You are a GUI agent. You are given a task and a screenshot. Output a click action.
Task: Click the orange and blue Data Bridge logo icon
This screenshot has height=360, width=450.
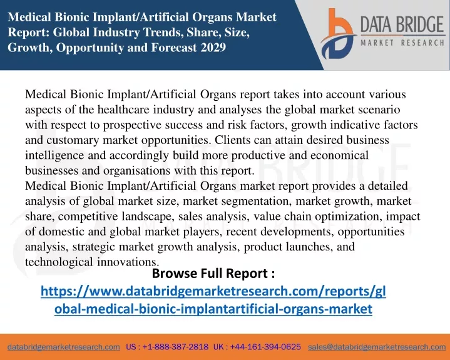(x=338, y=34)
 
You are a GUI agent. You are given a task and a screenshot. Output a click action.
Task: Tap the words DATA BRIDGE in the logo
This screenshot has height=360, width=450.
(x=402, y=24)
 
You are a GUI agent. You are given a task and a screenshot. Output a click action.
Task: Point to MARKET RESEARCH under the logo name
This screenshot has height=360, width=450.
(x=402, y=43)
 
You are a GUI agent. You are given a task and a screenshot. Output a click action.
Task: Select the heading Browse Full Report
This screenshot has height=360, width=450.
(x=213, y=274)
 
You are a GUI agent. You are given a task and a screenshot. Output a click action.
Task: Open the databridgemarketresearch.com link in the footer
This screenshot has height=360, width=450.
(x=64, y=347)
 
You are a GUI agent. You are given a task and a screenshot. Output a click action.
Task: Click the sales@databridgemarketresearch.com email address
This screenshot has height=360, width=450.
(x=377, y=347)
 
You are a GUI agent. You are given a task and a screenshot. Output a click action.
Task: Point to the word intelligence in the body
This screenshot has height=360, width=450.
(x=54, y=156)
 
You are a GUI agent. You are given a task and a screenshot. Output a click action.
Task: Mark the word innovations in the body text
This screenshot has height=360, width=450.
(x=128, y=262)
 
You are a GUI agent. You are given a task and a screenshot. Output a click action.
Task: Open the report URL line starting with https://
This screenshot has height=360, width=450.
(x=213, y=291)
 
